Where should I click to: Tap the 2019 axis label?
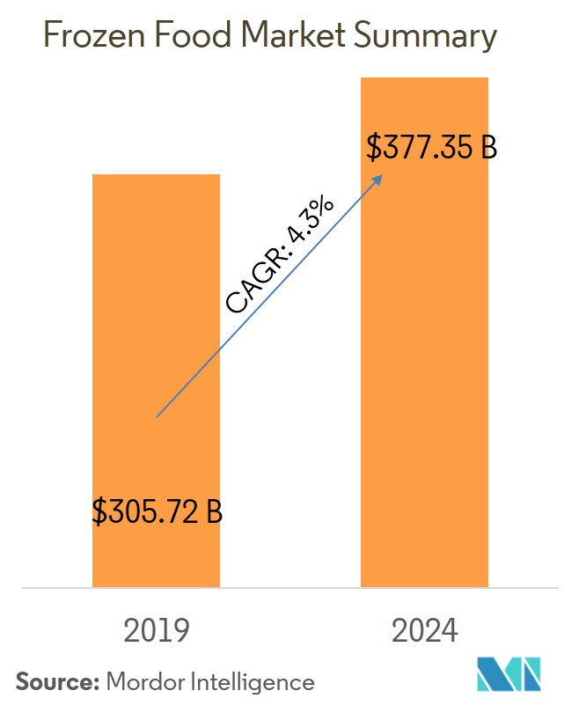tap(157, 631)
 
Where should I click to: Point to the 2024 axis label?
tap(425, 631)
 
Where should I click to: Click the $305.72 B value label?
tap(158, 511)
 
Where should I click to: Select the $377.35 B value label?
tap(431, 148)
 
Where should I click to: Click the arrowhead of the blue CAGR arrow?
tap(379, 177)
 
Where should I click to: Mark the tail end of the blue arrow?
tap(158, 415)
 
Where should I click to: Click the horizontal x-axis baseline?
tap(289, 587)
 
